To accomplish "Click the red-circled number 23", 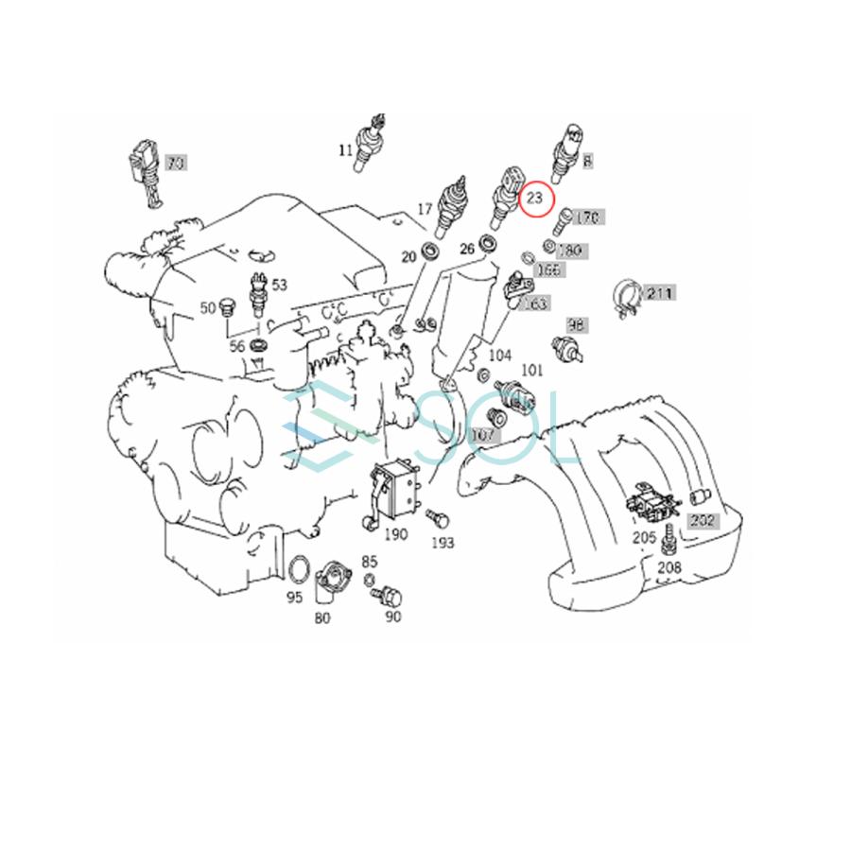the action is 535,199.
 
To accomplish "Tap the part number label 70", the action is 175,164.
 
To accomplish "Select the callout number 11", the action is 346,149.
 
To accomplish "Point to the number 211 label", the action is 659,294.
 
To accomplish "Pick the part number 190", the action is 395,534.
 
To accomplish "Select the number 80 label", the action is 322,619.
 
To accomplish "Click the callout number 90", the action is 392,617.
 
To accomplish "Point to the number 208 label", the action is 669,567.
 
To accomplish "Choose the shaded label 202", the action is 702,520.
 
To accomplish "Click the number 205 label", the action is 644,537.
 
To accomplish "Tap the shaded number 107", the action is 482,436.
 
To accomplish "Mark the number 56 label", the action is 237,346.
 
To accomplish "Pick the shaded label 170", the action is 587,218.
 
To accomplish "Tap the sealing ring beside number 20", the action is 431,252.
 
